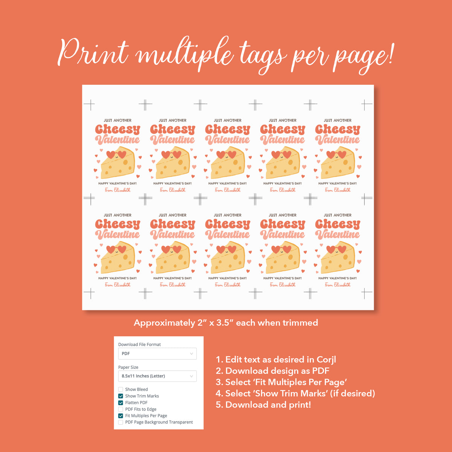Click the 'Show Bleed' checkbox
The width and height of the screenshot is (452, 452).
(121, 389)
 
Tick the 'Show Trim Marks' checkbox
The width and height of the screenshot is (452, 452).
(121, 396)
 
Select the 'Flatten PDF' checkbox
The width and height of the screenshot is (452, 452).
(121, 403)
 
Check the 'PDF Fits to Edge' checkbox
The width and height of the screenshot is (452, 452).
(121, 409)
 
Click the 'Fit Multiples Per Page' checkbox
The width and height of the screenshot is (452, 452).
(121, 416)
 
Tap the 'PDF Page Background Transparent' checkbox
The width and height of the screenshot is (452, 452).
(121, 422)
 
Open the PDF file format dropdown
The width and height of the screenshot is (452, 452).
(157, 354)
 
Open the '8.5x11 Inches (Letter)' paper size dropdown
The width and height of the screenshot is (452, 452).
(157, 376)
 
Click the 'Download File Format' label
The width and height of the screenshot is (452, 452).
(139, 344)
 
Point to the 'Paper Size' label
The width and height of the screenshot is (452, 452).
(128, 367)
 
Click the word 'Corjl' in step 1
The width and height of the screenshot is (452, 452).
(326, 360)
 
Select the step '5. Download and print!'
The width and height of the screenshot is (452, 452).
(263, 405)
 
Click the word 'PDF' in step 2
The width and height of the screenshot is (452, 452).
(321, 371)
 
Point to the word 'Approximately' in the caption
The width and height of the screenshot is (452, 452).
(164, 323)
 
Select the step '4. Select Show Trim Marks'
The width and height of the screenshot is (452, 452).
(295, 394)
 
